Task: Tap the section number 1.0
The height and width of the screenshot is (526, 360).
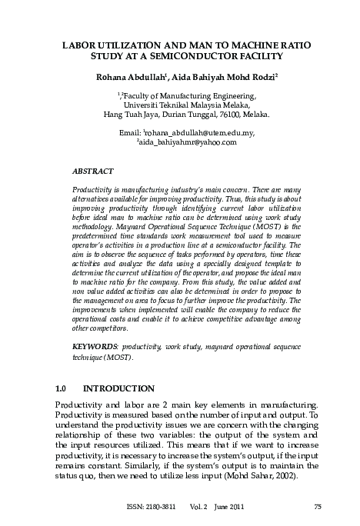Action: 64,388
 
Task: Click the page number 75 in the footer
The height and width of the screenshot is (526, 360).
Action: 318,505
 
